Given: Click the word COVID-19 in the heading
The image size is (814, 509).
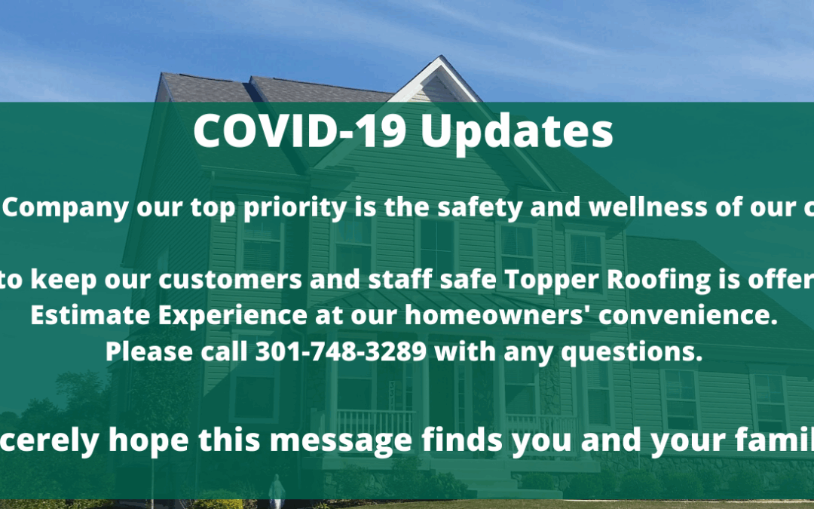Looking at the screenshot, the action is click(299, 130).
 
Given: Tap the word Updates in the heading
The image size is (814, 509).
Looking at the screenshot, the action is click(517, 133).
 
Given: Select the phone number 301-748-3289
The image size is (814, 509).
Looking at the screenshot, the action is click(341, 351).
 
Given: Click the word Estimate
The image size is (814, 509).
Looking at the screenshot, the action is click(90, 314).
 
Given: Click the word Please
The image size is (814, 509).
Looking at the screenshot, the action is click(149, 351).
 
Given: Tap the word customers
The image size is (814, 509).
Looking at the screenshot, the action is click(229, 281).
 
